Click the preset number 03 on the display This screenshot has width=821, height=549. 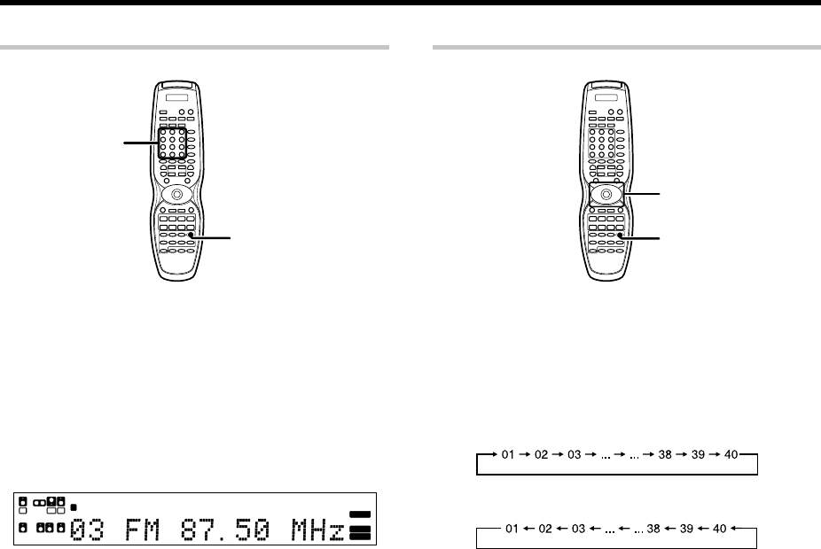click(87, 530)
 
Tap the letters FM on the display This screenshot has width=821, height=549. click(143, 530)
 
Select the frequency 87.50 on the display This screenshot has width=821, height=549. click(225, 530)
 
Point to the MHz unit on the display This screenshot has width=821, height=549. click(317, 530)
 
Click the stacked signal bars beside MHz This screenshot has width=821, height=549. click(360, 525)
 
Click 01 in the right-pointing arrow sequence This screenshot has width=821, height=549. click(508, 454)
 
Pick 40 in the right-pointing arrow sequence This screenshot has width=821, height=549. click(731, 454)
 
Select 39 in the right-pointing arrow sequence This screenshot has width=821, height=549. click(698, 454)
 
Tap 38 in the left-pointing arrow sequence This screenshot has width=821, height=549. click(653, 529)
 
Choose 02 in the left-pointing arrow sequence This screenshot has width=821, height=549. click(545, 529)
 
